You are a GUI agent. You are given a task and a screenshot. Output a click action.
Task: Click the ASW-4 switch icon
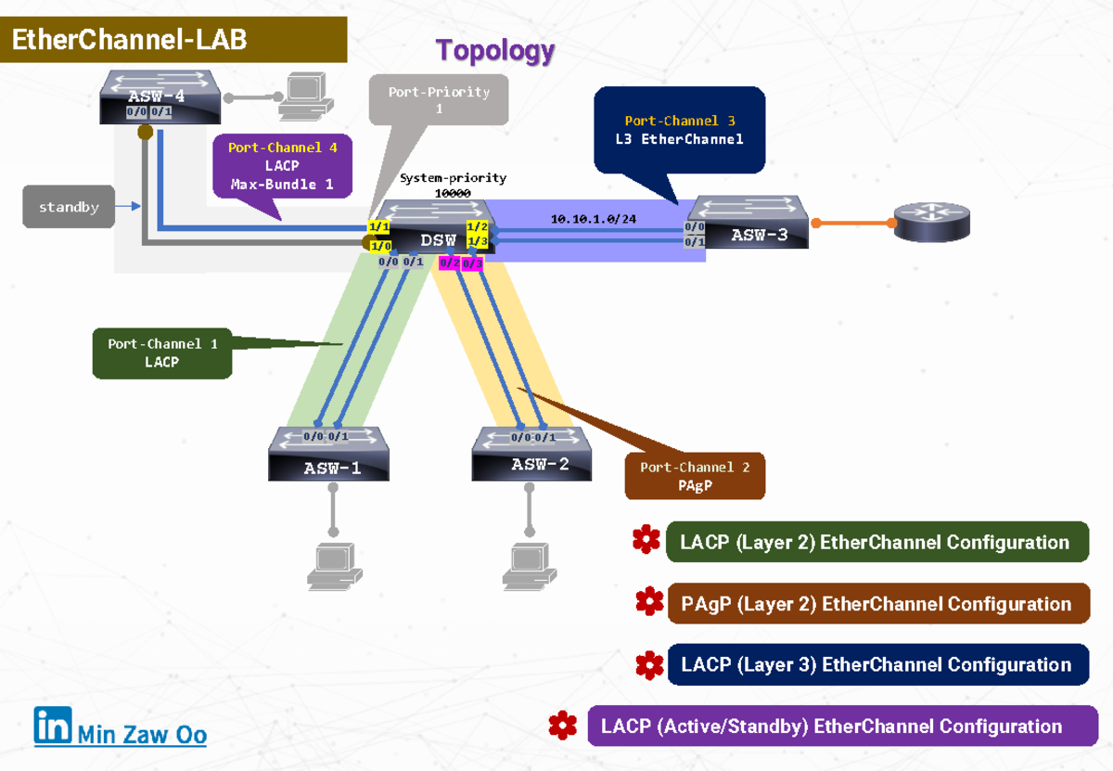tap(160, 96)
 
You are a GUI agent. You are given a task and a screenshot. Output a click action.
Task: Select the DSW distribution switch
tap(429, 227)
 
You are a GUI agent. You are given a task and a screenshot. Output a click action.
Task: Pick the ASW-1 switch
tap(329, 455)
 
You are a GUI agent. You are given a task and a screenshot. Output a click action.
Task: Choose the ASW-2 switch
tap(532, 454)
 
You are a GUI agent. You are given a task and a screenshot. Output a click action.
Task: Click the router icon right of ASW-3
tap(931, 223)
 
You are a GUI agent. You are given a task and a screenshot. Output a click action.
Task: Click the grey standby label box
tap(69, 207)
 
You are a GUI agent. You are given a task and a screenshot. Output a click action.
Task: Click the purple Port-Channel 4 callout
tap(282, 166)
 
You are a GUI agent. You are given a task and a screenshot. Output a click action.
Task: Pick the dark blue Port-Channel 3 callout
tap(679, 130)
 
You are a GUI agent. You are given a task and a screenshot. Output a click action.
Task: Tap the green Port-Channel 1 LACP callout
tap(162, 353)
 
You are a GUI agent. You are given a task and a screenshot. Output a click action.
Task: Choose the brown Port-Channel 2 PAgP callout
tap(695, 476)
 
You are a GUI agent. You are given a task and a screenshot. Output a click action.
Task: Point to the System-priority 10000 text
tap(453, 185)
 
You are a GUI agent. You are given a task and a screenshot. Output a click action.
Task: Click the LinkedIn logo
tap(53, 726)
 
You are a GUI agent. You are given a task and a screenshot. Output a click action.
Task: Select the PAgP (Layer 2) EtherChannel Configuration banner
tap(877, 604)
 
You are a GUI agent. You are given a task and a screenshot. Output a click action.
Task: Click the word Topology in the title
tap(495, 51)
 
